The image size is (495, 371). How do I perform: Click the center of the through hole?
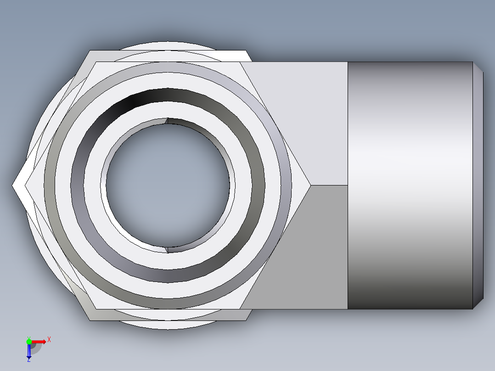pos(168,185)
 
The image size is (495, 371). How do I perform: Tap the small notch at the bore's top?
pos(167,121)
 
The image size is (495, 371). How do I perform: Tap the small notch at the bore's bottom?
pos(167,249)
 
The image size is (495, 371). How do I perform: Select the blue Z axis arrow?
pos(29,351)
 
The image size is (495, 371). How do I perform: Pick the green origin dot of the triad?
pos(29,341)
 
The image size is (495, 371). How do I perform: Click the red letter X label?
pos(49,339)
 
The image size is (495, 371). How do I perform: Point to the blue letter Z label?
pos(28,360)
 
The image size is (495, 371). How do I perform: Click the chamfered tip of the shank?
pos(478,185)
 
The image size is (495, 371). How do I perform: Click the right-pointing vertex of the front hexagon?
pos(310,185)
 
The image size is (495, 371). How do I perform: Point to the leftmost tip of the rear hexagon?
pos(13,185)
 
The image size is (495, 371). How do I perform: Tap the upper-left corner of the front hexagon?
pos(96,62)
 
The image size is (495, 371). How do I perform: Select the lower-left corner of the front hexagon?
pos(96,309)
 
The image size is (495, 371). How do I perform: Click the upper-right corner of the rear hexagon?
pos(247,51)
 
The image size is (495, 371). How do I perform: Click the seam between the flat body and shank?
pos(348,185)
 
